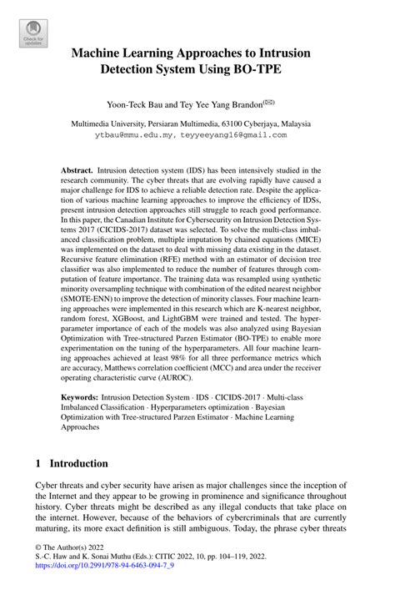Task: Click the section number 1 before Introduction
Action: [x=38, y=463]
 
